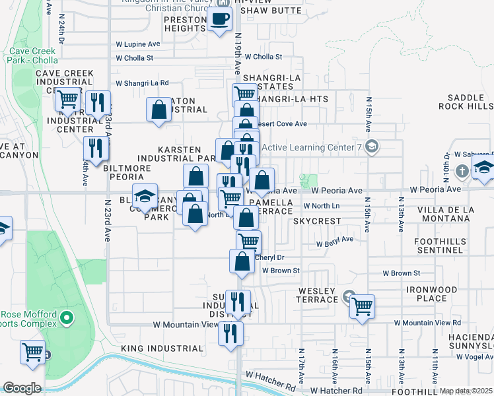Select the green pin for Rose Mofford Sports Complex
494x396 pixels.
(x=66, y=319)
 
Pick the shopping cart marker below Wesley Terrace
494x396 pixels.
(x=362, y=306)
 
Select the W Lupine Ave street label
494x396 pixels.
(x=138, y=44)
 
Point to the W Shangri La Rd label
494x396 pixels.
(x=142, y=83)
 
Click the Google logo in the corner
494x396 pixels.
(x=22, y=388)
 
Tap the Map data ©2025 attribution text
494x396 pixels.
(x=466, y=391)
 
